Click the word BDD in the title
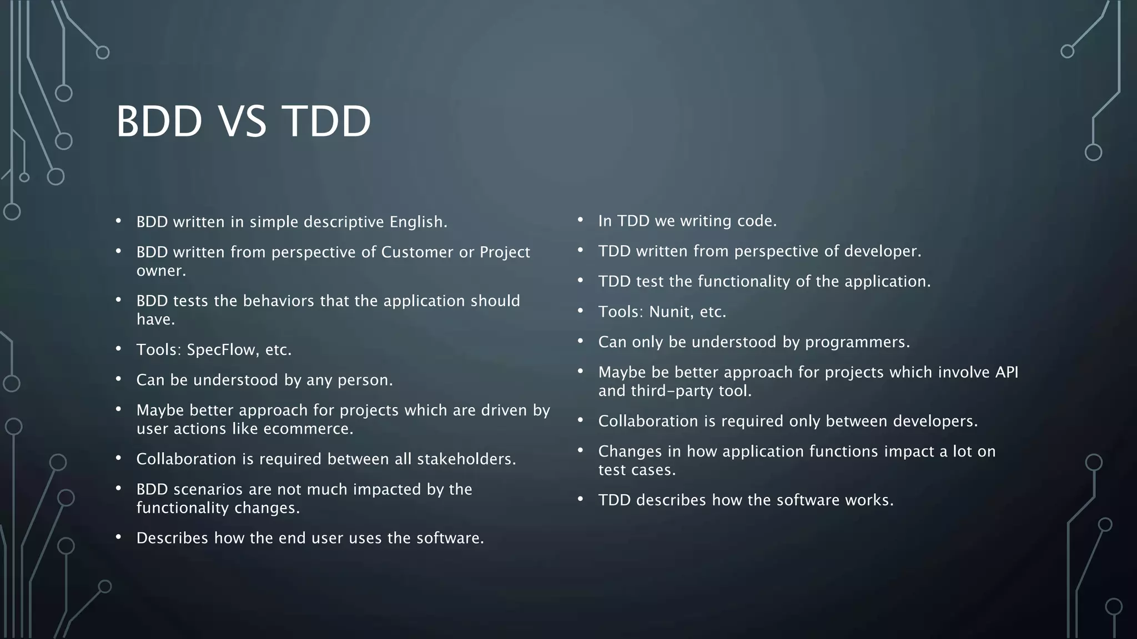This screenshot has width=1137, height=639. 159,121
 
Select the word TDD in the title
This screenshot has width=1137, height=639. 326,121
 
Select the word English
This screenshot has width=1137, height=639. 417,222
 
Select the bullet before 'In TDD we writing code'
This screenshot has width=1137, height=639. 580,220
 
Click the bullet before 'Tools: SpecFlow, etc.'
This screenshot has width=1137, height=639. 118,349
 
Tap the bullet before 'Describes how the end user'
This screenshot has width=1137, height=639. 118,537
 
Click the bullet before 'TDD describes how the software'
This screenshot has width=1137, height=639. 580,499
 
